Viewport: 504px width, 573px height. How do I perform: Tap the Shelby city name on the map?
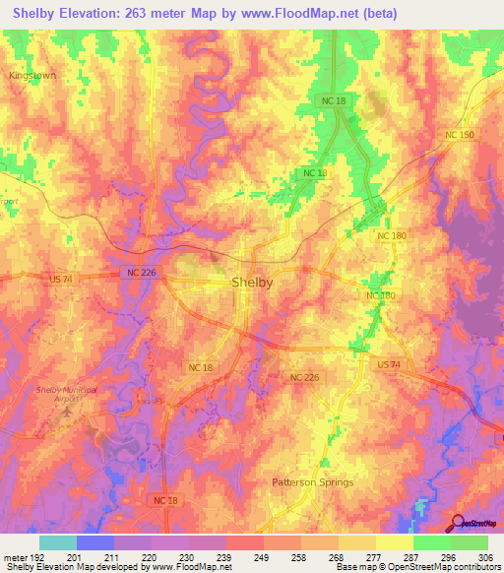pyautogui.click(x=252, y=283)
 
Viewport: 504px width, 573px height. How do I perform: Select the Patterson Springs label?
pyautogui.click(x=312, y=482)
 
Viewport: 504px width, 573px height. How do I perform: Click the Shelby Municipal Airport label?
pyautogui.click(x=67, y=395)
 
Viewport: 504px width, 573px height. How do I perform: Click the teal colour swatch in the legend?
pyautogui.click(x=57, y=542)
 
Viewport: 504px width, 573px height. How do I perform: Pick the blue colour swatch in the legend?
pyautogui.click(x=95, y=542)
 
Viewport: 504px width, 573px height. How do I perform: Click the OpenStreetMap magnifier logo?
pyautogui.click(x=458, y=522)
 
